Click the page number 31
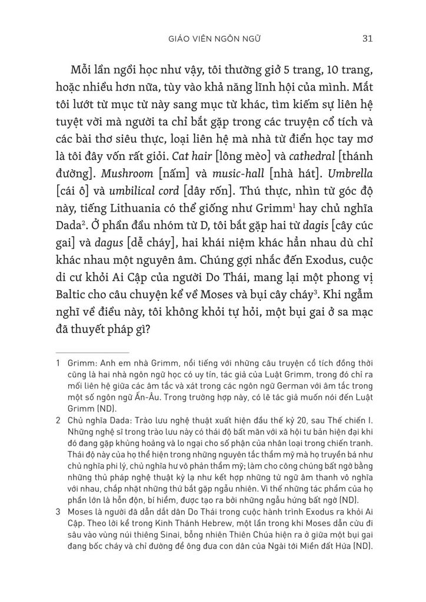click(x=368, y=39)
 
